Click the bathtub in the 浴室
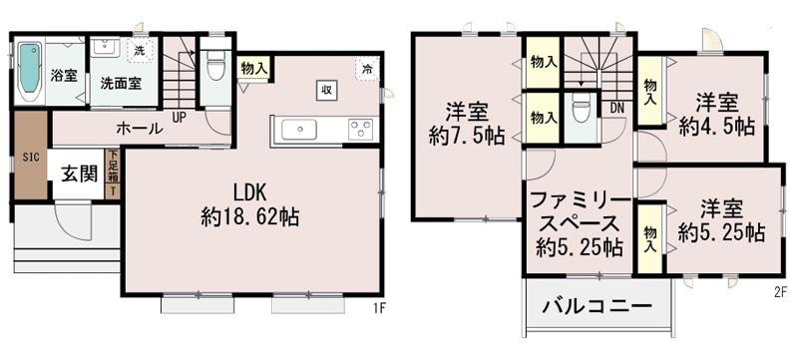28,69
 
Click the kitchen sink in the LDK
299,129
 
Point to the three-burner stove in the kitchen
359,129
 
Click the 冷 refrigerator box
368,69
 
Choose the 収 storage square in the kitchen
326,89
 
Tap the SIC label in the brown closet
31,158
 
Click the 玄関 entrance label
80,174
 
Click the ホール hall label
141,128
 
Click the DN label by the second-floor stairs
617,107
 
